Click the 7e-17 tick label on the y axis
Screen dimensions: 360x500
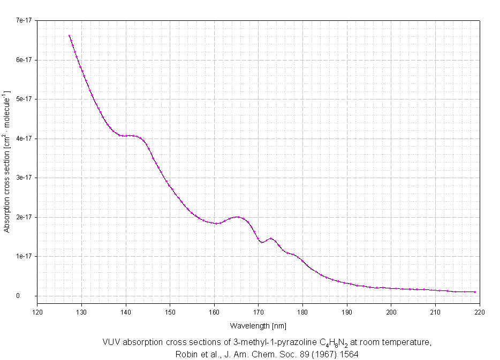(25, 20)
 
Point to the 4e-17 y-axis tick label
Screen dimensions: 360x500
(25, 139)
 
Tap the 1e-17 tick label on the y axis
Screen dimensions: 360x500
(25, 256)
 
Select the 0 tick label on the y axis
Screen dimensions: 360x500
(33, 296)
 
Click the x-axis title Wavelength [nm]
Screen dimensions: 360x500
(259, 325)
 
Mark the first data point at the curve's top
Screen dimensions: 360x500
(69, 36)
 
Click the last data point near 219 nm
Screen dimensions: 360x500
(475, 292)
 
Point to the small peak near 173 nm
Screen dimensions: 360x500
(271, 239)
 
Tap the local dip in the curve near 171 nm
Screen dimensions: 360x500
(262, 242)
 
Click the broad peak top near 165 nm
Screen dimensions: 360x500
(238, 217)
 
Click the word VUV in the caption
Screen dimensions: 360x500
(110, 342)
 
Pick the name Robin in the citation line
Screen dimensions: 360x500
(185, 354)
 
